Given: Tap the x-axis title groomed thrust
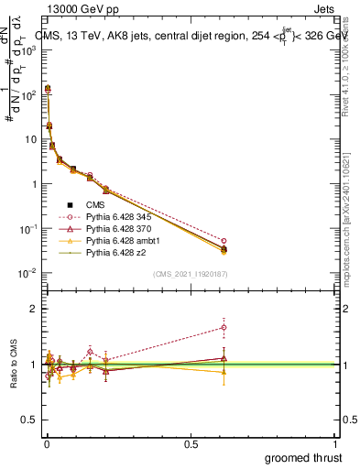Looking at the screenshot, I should coord(303,457).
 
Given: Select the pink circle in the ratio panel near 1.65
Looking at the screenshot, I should coord(224,327).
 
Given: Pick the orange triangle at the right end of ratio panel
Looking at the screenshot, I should coord(224,372).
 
